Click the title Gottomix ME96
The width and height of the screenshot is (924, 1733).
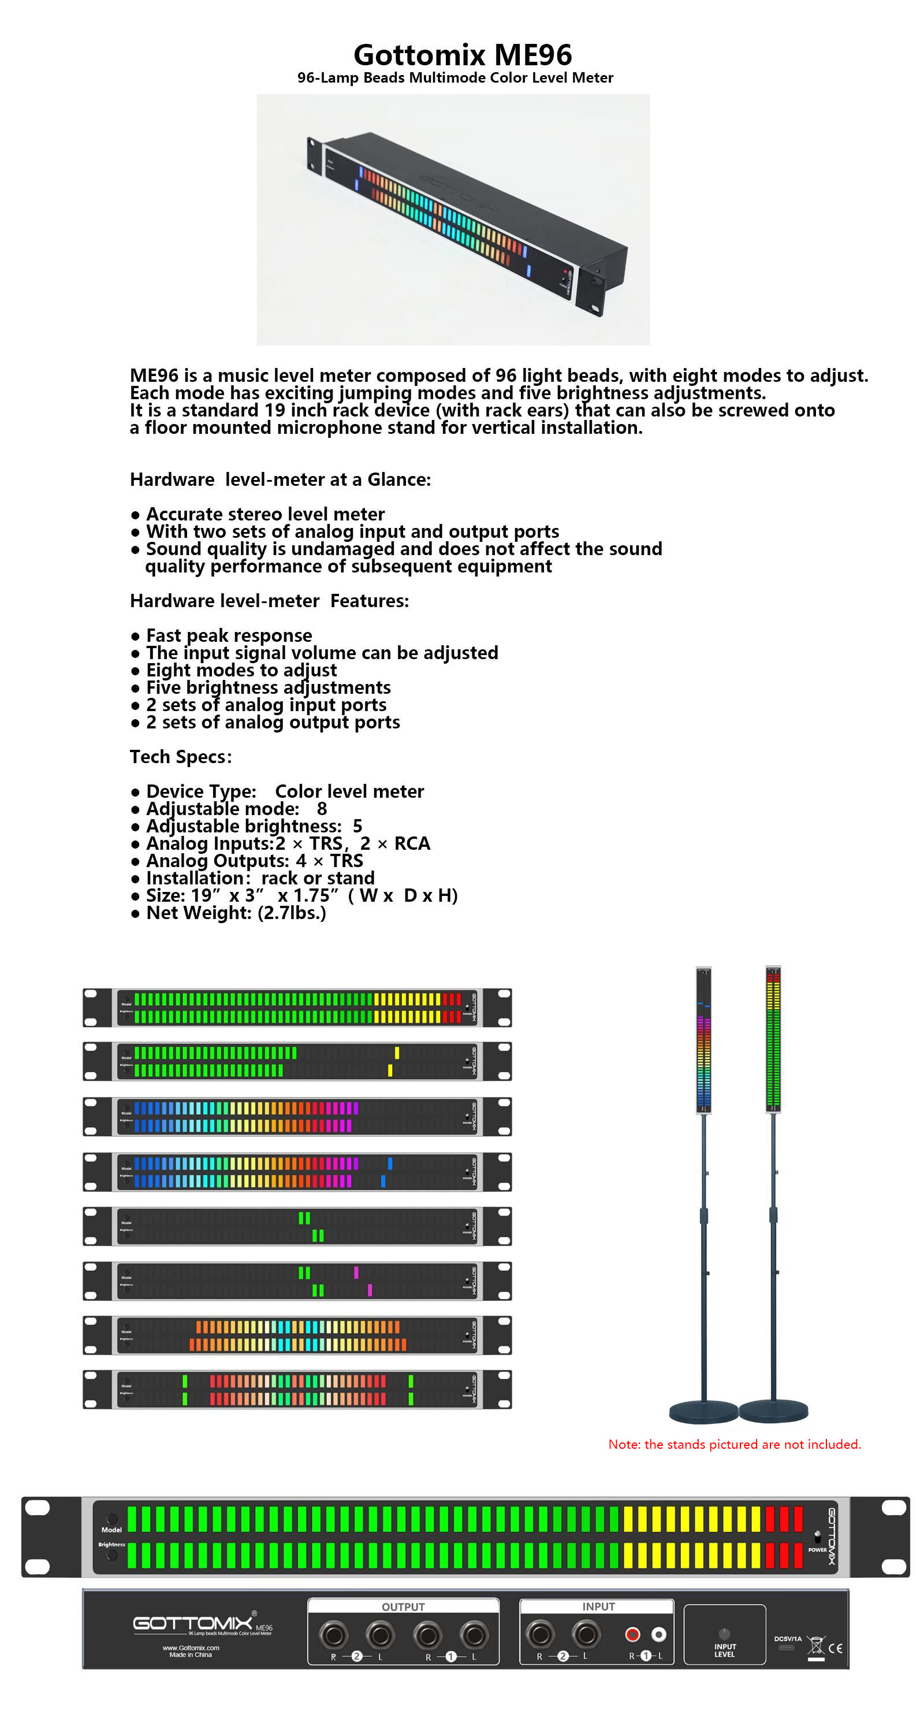click(462, 54)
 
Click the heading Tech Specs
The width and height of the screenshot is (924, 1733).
click(180, 757)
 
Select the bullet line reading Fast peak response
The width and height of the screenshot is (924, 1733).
click(229, 635)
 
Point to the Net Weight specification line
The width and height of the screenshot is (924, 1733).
click(236, 913)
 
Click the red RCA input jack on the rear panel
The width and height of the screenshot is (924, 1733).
click(632, 1634)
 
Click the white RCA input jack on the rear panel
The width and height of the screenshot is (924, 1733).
click(659, 1634)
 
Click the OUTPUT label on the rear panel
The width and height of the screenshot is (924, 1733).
click(403, 1606)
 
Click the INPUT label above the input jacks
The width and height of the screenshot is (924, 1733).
click(598, 1606)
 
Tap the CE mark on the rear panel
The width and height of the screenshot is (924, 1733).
click(835, 1648)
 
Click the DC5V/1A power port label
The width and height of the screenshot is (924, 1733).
click(788, 1639)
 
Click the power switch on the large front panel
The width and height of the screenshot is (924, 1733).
click(817, 1536)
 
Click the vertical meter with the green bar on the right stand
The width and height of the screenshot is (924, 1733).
click(773, 1039)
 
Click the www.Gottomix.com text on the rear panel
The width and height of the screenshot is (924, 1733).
click(191, 1648)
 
